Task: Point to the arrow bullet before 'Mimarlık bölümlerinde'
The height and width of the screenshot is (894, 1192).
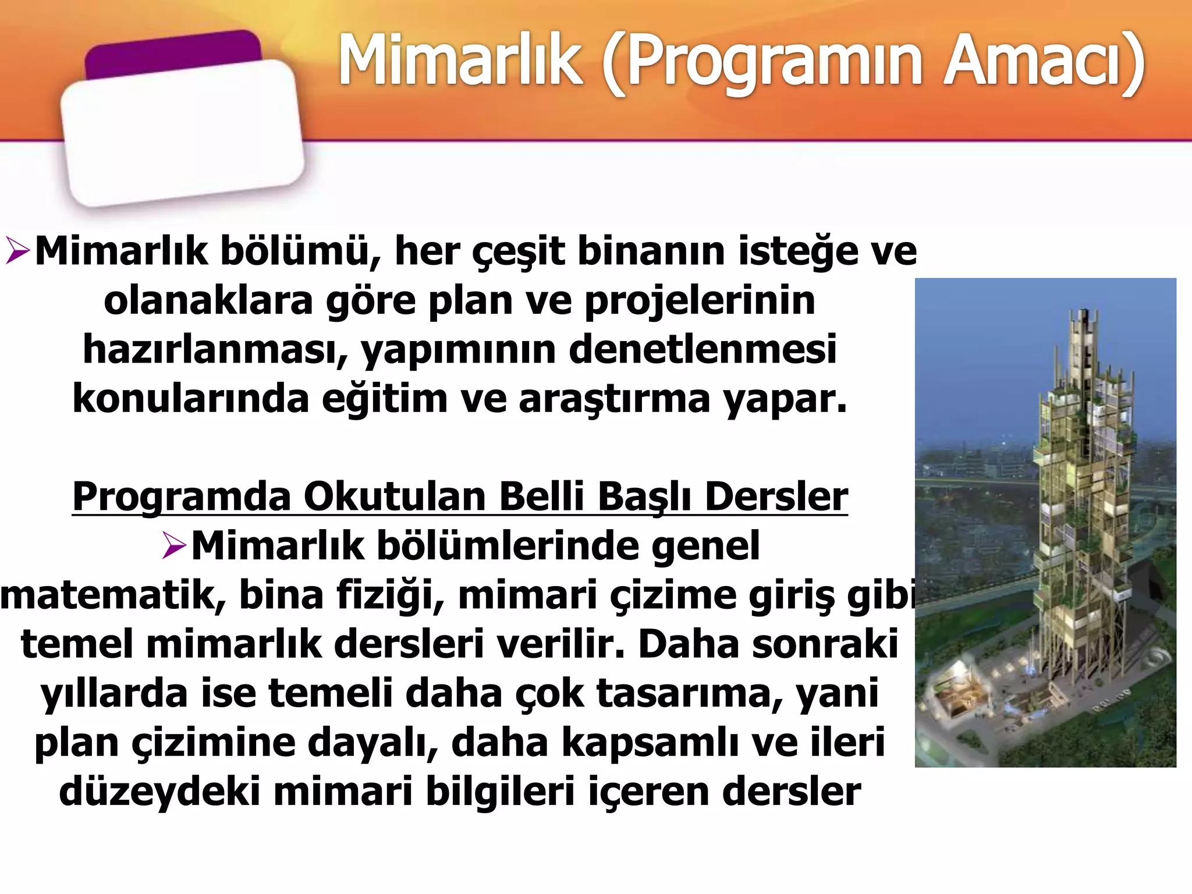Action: coord(174,546)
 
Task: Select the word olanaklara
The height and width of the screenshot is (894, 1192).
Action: coord(208,301)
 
